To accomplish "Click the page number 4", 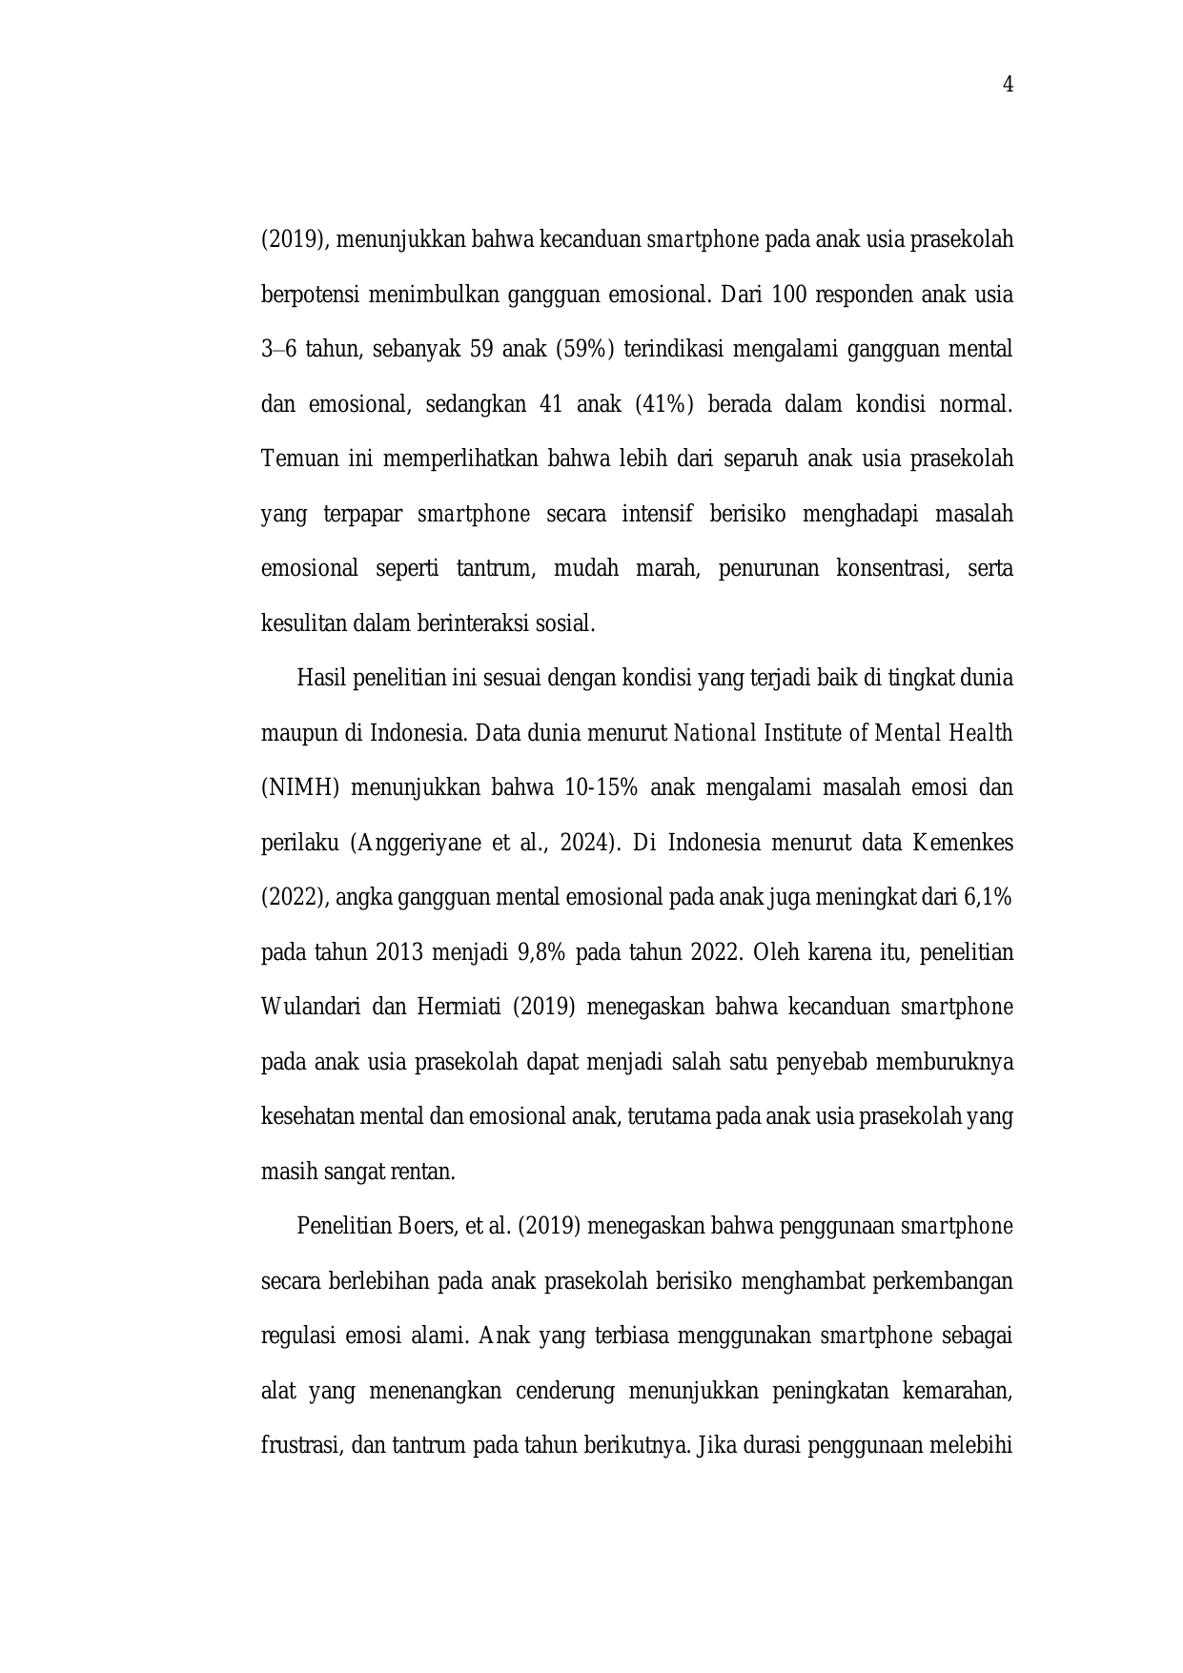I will (x=1008, y=86).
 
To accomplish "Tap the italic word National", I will (x=715, y=734).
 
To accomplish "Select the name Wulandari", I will (x=309, y=1008).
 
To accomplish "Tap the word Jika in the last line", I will (x=715, y=1446).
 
